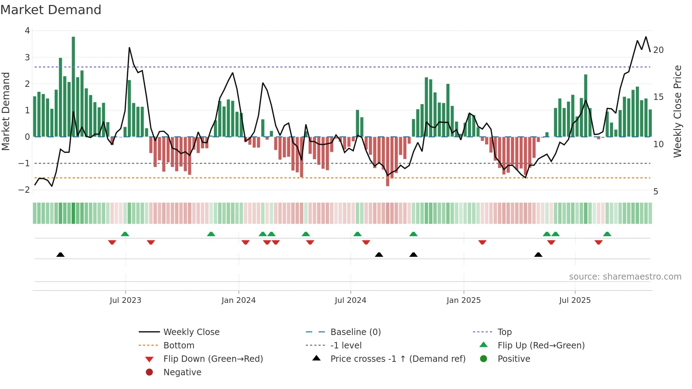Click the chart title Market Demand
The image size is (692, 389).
[x=51, y=10]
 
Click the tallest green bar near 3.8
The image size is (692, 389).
[x=73, y=86]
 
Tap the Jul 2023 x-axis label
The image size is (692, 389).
[x=125, y=300]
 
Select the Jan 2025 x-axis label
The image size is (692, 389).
[x=463, y=300]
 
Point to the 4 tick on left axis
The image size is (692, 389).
[x=28, y=31]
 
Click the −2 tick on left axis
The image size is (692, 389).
[x=24, y=190]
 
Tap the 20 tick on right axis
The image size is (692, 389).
[x=658, y=50]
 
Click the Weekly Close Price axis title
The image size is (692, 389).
[x=677, y=111]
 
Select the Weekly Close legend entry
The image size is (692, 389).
[x=191, y=332]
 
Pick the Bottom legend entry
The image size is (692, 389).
[x=179, y=346]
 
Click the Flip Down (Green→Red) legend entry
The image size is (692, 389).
[x=213, y=359]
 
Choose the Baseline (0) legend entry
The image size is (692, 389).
[x=356, y=332]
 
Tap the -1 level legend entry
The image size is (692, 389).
[x=346, y=346]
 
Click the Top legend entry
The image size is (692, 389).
[x=505, y=332]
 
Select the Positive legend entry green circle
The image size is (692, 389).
[x=484, y=359]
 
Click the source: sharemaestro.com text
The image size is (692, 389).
[x=625, y=277]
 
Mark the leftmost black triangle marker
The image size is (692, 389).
[x=60, y=255]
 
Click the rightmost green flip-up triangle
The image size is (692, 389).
[x=607, y=234]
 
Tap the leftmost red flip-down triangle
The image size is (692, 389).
[x=112, y=242]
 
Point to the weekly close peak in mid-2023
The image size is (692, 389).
[x=129, y=48]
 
